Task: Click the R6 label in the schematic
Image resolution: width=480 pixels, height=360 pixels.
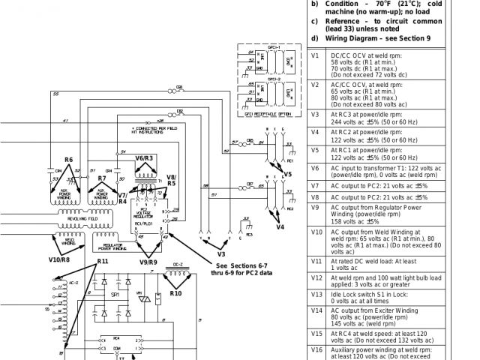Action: [x=68, y=160]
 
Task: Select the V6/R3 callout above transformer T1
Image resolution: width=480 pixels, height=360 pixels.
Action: [x=144, y=158]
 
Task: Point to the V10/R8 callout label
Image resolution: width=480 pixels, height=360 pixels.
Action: [x=59, y=259]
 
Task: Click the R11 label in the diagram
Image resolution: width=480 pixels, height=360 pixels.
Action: [x=102, y=260]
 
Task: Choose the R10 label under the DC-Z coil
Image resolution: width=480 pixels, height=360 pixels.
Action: [x=175, y=294]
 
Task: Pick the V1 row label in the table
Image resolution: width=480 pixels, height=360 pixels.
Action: [x=315, y=55]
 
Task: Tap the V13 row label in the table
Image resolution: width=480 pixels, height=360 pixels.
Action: [x=316, y=294]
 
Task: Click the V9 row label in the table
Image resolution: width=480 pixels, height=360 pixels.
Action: [x=316, y=207]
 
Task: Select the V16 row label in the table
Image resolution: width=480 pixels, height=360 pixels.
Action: [x=316, y=349]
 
